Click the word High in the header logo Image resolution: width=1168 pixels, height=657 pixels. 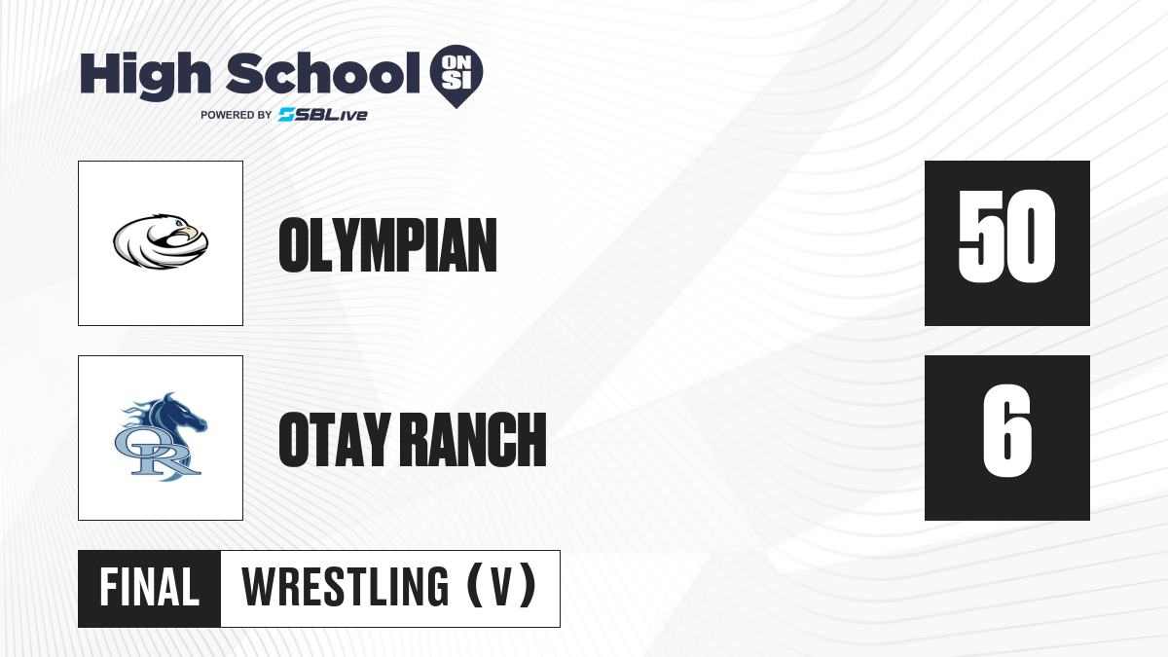[x=145, y=76]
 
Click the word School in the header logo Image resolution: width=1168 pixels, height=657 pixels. [x=323, y=73]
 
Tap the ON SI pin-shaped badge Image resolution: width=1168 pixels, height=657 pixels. [x=456, y=76]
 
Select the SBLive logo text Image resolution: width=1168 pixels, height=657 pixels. [x=323, y=115]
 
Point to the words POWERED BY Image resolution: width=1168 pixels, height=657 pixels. [x=237, y=115]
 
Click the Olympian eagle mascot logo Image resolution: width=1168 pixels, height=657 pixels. [x=161, y=241]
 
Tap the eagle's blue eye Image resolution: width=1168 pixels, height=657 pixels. [x=179, y=224]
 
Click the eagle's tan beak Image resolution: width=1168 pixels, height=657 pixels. [x=191, y=232]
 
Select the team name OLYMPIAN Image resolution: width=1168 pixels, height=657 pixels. [x=387, y=244]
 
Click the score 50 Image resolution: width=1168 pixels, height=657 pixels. [x=1006, y=237]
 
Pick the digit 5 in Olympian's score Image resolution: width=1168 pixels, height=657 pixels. [x=980, y=237]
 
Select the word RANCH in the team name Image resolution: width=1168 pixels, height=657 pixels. [x=476, y=439]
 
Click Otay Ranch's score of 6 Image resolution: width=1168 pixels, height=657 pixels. [x=1006, y=430]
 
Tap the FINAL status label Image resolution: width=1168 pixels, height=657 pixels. [x=150, y=588]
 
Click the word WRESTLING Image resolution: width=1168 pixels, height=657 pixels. [x=345, y=587]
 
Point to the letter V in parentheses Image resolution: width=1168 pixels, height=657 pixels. [x=501, y=587]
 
